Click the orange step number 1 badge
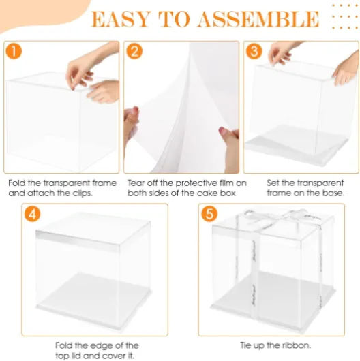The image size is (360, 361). coord(14,51)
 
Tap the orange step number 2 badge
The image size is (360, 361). coord(134,51)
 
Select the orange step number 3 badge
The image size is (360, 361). coord(254,51)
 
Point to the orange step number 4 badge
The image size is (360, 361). coord(32,214)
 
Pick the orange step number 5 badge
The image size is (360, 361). coord(209,214)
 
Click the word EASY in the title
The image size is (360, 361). coord(120,19)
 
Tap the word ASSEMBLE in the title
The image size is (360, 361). coord(258,19)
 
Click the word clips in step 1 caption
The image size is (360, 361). coord(82,193)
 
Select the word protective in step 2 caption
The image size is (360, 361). coord(196,183)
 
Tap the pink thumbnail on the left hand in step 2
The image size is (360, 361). coord(135,109)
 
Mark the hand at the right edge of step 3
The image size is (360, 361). coord(346,68)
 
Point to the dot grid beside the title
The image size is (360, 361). coord(345,16)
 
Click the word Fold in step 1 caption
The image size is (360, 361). coord(17,183)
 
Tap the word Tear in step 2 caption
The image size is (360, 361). coord(136,183)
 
